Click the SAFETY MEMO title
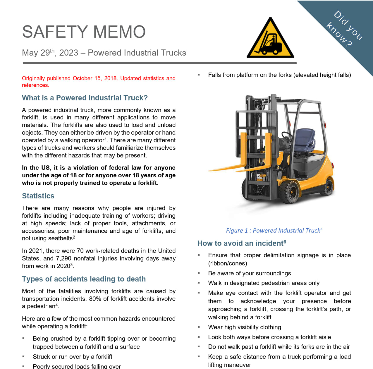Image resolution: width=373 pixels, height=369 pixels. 84,32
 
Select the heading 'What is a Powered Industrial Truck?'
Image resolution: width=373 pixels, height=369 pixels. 85,98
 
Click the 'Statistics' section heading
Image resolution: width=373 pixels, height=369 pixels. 38,196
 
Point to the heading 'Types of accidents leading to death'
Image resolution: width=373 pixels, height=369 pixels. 84,279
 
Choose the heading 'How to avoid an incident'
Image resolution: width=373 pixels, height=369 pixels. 241,243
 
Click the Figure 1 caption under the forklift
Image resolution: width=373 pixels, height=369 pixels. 274,231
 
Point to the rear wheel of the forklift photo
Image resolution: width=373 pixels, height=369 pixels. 328,187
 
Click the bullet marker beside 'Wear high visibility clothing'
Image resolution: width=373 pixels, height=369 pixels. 199,327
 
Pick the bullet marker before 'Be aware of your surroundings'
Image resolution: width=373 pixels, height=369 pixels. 199,273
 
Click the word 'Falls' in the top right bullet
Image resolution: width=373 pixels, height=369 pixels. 214,75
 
